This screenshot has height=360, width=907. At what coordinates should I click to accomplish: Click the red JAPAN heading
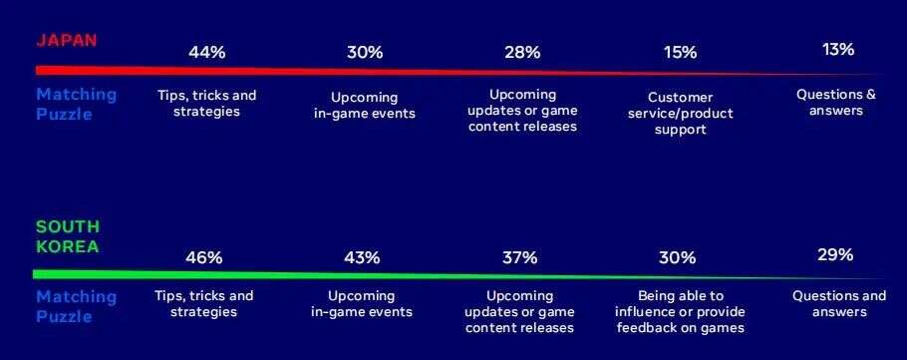pyautogui.click(x=66, y=41)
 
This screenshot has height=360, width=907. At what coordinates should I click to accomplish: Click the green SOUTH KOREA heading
pyautogui.click(x=68, y=236)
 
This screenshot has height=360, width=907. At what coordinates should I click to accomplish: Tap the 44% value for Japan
pyautogui.click(x=206, y=52)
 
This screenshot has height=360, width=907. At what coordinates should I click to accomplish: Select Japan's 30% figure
pyautogui.click(x=365, y=52)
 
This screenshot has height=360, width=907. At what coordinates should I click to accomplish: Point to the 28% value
pyautogui.click(x=522, y=52)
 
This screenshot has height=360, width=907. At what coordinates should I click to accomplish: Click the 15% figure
pyautogui.click(x=680, y=52)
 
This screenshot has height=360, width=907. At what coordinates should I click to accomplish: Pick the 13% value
pyautogui.click(x=838, y=50)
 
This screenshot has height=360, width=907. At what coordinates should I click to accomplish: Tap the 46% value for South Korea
pyautogui.click(x=204, y=257)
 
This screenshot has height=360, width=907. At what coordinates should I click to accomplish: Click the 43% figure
pyautogui.click(x=362, y=257)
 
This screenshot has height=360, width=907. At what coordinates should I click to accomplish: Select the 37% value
pyautogui.click(x=520, y=257)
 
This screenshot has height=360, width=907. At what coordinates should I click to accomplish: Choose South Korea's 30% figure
pyautogui.click(x=678, y=257)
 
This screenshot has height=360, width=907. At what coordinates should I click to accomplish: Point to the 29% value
pyautogui.click(x=836, y=254)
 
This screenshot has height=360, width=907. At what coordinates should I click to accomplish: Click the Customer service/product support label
pyautogui.click(x=680, y=114)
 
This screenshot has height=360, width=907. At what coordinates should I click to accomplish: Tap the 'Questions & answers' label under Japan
pyautogui.click(x=836, y=103)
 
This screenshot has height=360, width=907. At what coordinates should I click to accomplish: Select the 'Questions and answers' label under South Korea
pyautogui.click(x=839, y=304)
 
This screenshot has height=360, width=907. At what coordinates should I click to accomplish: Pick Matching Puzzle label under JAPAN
pyautogui.click(x=77, y=104)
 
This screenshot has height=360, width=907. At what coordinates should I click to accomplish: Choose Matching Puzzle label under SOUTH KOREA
pyautogui.click(x=77, y=306)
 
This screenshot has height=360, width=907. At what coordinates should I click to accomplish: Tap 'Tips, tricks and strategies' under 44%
pyautogui.click(x=206, y=103)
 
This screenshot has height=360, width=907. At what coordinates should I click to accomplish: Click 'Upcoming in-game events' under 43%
pyautogui.click(x=362, y=304)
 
